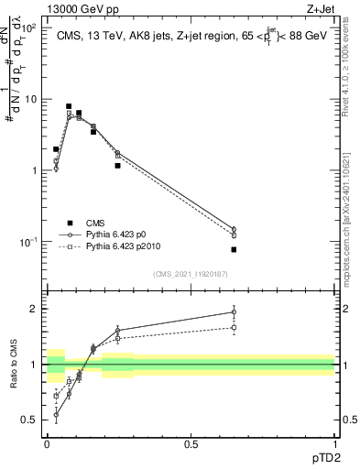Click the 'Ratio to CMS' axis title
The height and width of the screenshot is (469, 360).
click(x=15, y=365)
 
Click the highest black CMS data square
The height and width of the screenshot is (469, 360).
click(x=69, y=106)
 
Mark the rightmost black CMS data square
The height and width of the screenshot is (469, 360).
click(x=234, y=249)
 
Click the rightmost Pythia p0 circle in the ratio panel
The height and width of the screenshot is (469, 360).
click(x=234, y=311)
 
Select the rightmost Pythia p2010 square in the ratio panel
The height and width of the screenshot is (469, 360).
click(x=234, y=327)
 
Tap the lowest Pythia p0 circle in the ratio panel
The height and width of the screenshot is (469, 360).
click(x=56, y=415)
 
